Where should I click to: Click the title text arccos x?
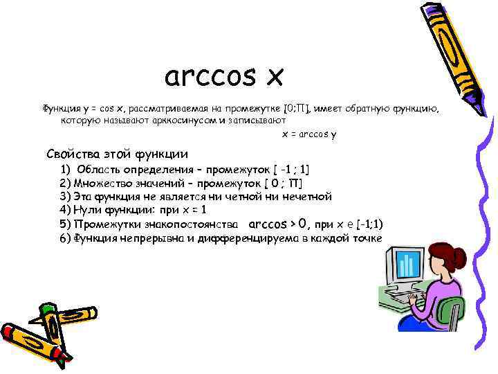click(224, 77)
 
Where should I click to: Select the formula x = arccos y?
click(308, 134)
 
